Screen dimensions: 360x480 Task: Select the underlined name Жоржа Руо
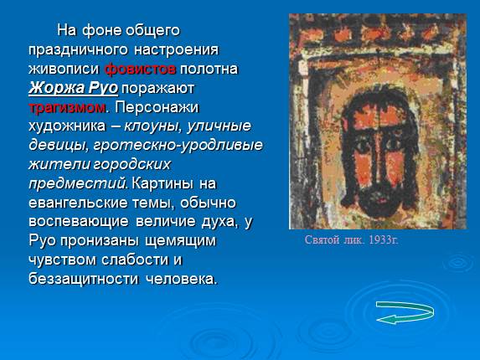coord(73,88)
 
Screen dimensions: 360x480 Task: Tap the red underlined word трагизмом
coord(67,107)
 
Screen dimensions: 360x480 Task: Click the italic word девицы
coord(55,145)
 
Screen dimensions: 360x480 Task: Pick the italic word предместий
coord(77,183)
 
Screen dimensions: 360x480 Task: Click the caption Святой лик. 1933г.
coord(351,241)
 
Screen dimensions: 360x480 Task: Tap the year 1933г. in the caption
coord(380,241)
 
